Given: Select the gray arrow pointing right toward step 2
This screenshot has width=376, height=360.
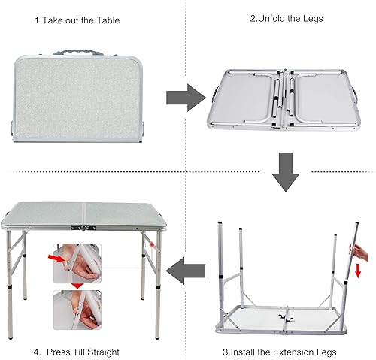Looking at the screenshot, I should coord(185,96).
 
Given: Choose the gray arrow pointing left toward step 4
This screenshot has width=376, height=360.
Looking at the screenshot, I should coord(186,268).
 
